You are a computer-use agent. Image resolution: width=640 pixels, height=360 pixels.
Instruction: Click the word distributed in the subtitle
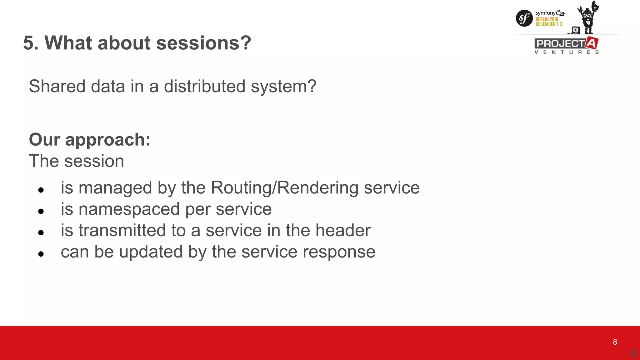204,86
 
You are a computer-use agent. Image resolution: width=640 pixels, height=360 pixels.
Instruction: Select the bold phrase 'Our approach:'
90,139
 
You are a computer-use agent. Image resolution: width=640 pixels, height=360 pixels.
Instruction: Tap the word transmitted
122,231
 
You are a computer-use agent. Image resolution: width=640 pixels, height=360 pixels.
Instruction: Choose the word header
343,231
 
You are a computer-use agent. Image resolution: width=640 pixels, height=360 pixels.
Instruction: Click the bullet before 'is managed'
41,190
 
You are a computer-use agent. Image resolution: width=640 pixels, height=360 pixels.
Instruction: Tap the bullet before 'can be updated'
41,254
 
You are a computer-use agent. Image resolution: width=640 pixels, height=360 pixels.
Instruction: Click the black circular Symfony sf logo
524,18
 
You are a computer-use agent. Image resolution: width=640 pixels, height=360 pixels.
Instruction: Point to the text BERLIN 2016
547,19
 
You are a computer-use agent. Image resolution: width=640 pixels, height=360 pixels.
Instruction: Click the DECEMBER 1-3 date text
548,24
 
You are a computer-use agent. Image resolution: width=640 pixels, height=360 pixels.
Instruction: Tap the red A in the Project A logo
592,43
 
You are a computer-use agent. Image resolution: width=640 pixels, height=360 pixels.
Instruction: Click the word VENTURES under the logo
567,52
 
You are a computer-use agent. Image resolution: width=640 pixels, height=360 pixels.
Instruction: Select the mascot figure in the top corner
587,17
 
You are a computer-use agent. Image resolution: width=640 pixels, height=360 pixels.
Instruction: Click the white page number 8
615,342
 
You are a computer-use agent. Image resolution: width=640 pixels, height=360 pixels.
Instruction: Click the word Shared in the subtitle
57,86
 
